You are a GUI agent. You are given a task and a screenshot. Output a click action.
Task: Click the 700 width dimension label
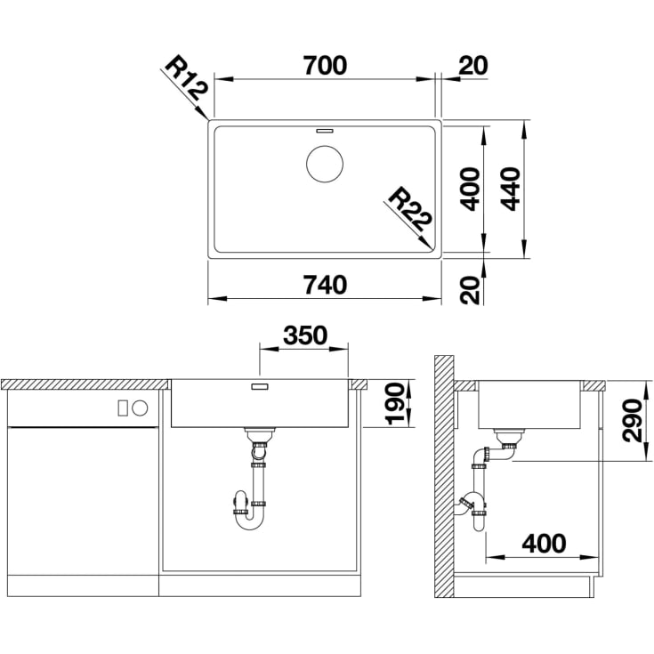[325, 66]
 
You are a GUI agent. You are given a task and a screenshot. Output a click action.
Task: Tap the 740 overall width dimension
[325, 286]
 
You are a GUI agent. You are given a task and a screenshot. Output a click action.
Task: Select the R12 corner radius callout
[187, 78]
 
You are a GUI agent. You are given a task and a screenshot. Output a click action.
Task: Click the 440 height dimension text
[510, 189]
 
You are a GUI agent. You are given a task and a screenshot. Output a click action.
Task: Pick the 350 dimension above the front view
[305, 335]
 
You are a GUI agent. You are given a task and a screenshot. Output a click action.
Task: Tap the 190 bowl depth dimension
[394, 404]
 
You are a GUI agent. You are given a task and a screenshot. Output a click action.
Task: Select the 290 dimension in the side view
[632, 420]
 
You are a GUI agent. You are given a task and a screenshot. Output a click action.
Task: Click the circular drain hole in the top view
[325, 164]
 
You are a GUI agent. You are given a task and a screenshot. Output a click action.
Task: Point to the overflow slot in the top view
[325, 131]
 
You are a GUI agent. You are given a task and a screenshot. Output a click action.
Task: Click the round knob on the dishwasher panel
[140, 408]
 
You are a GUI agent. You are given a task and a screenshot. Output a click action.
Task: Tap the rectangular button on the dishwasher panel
[123, 408]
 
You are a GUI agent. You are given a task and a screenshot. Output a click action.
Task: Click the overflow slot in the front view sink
[260, 387]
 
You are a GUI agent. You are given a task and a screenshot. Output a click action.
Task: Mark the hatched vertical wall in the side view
[444, 476]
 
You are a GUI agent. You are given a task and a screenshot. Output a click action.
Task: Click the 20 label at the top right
[473, 66]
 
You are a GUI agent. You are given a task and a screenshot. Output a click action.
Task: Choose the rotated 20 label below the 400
[470, 289]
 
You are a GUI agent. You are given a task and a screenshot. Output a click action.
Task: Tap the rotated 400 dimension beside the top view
[470, 189]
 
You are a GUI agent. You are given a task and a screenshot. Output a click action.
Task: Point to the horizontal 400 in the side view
[544, 544]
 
